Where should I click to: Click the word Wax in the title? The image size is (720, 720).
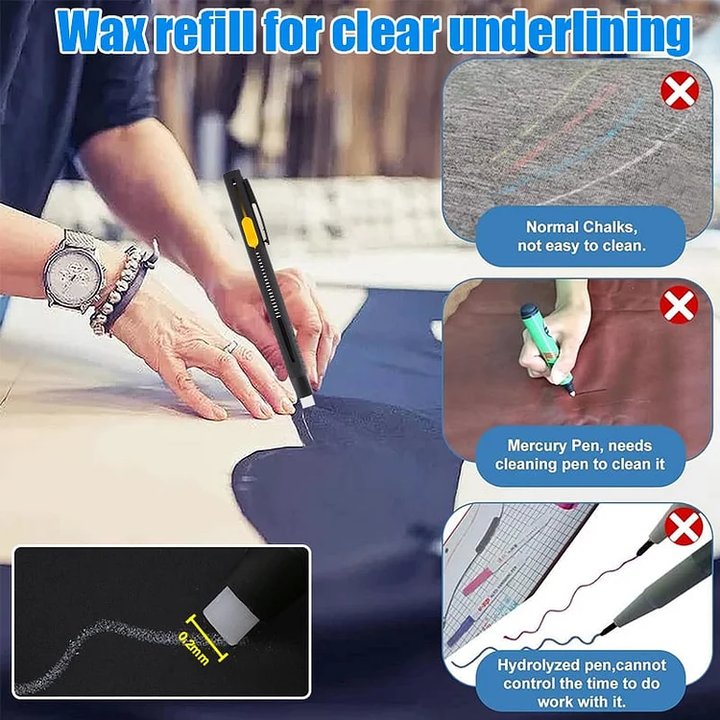point(102,32)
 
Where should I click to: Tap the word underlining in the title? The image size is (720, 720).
point(569,33)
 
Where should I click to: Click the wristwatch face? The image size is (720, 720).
point(75,275)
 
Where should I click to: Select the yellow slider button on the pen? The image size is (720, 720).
point(250,232)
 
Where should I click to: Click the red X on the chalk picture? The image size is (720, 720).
point(680,90)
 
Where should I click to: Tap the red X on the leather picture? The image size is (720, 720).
point(679,305)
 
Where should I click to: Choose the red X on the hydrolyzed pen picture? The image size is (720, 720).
point(684,526)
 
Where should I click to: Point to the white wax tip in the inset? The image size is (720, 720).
point(230,614)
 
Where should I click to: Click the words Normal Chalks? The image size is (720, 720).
point(582,227)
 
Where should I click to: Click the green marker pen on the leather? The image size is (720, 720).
point(547,349)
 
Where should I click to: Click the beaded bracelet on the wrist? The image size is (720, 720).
point(120,286)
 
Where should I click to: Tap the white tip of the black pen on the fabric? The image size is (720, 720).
point(307,402)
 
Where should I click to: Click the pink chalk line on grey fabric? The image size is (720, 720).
point(564,129)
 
